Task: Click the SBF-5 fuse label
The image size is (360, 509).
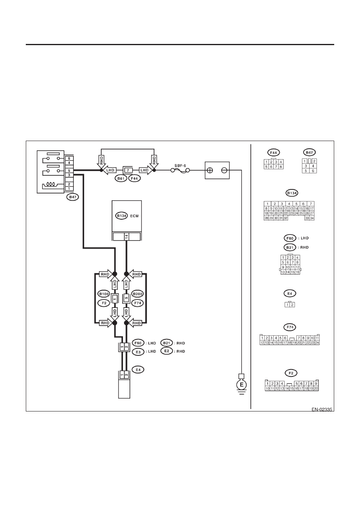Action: coord(180,166)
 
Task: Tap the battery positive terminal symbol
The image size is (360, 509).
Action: coord(210,170)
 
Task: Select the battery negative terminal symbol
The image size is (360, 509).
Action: coord(224,170)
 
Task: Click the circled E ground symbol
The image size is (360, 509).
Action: coord(241,385)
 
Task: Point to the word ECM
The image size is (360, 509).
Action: coord(134,216)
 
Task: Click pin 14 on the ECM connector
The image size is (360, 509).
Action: coord(127,237)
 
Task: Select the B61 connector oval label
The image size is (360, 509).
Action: coord(121,179)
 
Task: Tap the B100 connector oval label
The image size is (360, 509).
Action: coord(104,294)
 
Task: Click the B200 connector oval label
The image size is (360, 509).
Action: coord(137,294)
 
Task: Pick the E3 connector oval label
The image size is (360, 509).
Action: coord(138,352)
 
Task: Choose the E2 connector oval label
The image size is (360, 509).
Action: coord(166,351)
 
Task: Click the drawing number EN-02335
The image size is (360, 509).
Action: coord(322,409)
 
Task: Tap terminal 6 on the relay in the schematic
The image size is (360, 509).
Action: coord(69,158)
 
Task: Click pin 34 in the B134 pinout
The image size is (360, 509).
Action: coord(312,218)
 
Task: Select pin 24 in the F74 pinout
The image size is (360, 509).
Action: coord(317,343)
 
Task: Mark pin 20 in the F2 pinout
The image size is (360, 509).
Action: coord(316,389)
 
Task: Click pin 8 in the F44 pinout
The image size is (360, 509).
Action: coord(281,167)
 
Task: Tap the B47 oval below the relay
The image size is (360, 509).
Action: coord(73,197)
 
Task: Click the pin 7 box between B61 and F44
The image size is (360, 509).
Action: coord(128,170)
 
